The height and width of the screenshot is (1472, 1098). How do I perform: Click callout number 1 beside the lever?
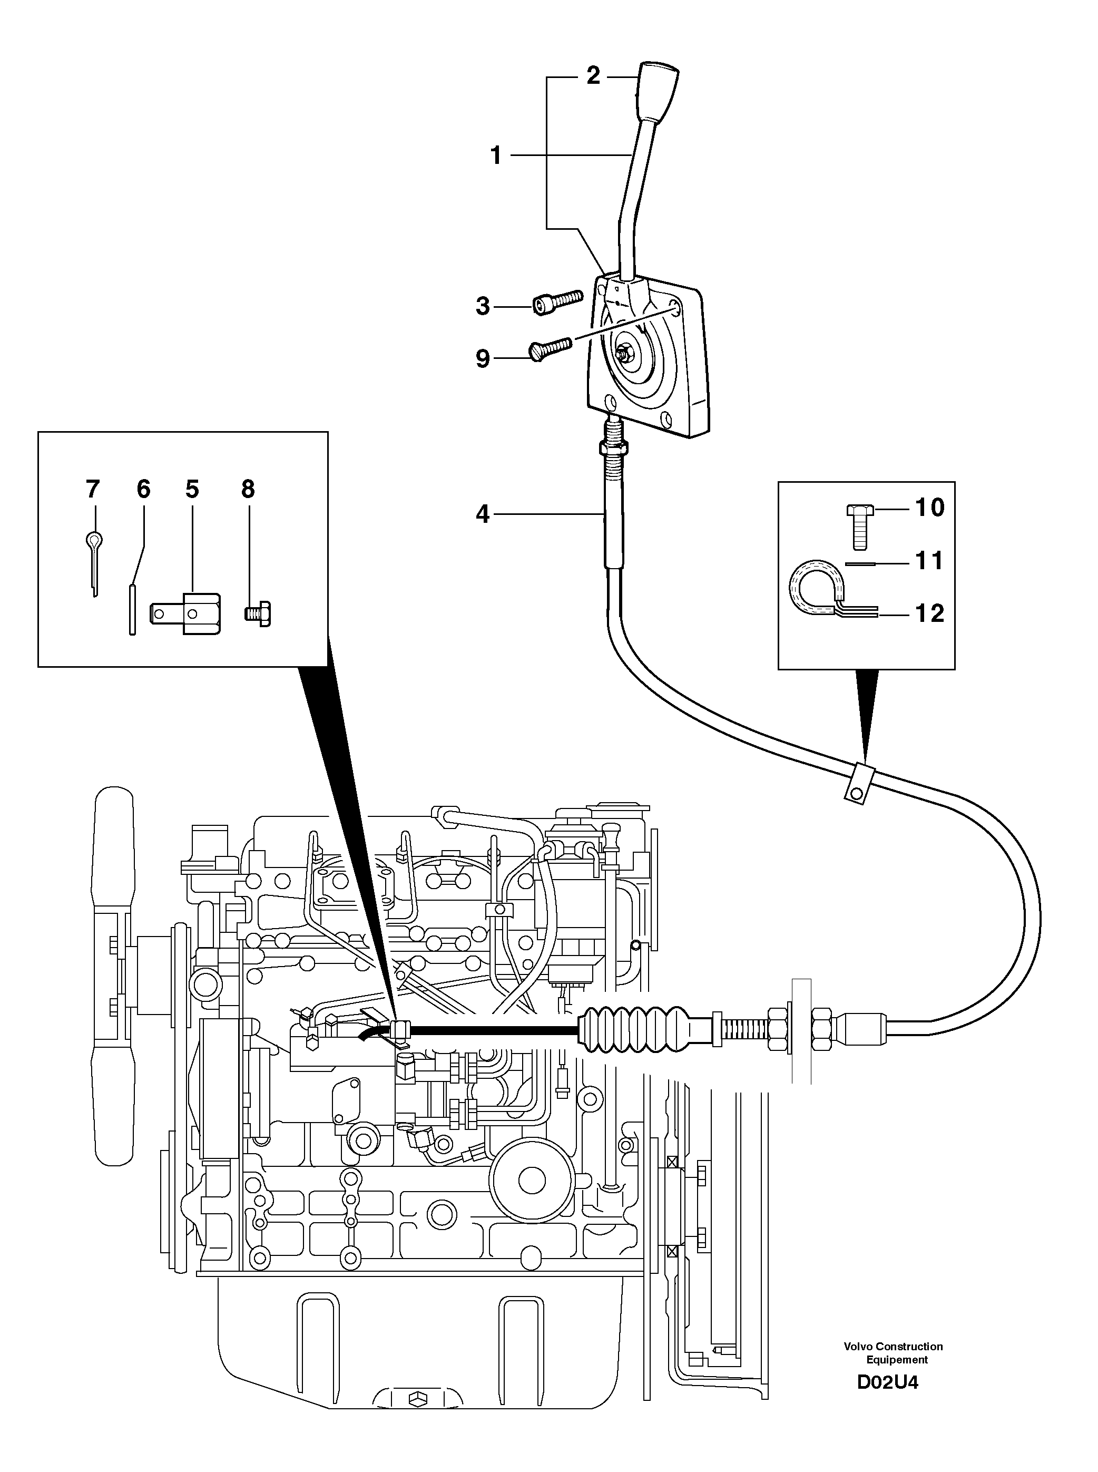tap(496, 156)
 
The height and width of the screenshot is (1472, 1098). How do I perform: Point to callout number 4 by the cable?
tap(483, 514)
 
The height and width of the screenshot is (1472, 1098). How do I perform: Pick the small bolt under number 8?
tap(257, 612)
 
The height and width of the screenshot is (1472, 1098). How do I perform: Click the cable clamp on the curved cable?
tap(860, 784)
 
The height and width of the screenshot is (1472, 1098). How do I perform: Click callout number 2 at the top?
tap(593, 75)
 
